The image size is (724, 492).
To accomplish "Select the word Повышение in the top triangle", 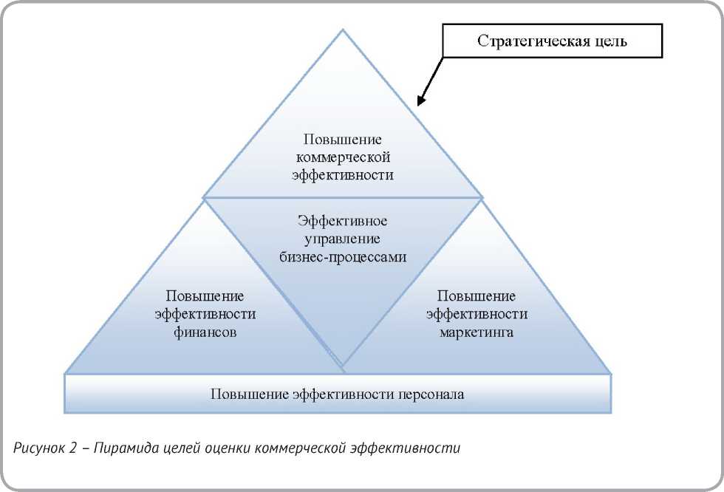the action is click(x=343, y=139).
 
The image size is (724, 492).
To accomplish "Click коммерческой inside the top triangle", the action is click(x=343, y=157).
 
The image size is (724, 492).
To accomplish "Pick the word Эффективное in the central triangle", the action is click(x=343, y=220).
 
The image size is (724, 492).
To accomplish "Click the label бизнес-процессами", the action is click(x=343, y=256).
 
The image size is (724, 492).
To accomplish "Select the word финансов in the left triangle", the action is click(x=205, y=332).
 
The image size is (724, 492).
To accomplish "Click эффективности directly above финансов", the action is click(x=205, y=314).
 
